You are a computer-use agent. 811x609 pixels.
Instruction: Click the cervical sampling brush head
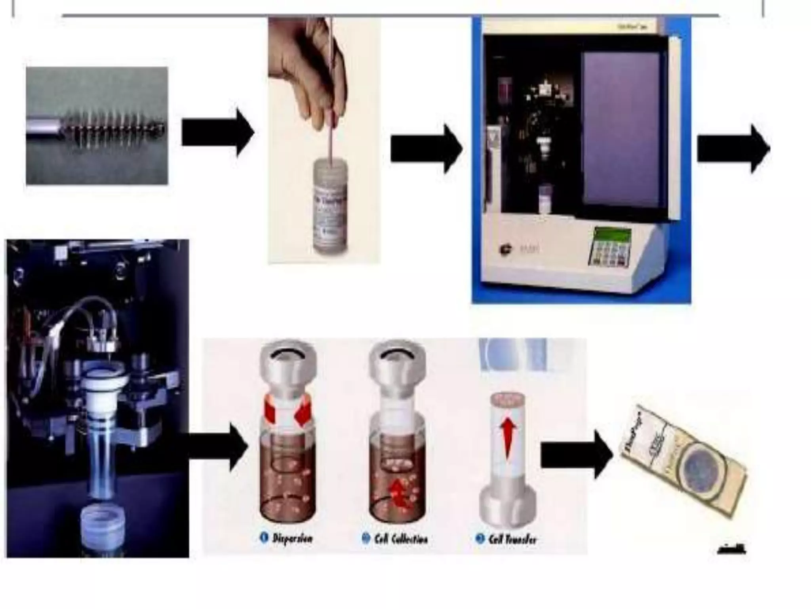pos(115,126)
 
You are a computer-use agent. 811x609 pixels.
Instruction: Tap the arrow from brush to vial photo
pos(217,132)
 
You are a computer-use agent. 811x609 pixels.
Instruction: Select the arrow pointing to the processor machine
pos(426,149)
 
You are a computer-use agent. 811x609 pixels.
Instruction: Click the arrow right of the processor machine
pos(733,149)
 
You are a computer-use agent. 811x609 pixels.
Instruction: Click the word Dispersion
pos(292,538)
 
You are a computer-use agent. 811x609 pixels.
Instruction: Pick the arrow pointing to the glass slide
pos(576,454)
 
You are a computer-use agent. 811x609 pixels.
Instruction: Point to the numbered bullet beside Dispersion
pos(263,538)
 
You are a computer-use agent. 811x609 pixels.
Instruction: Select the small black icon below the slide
pos(731,549)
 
